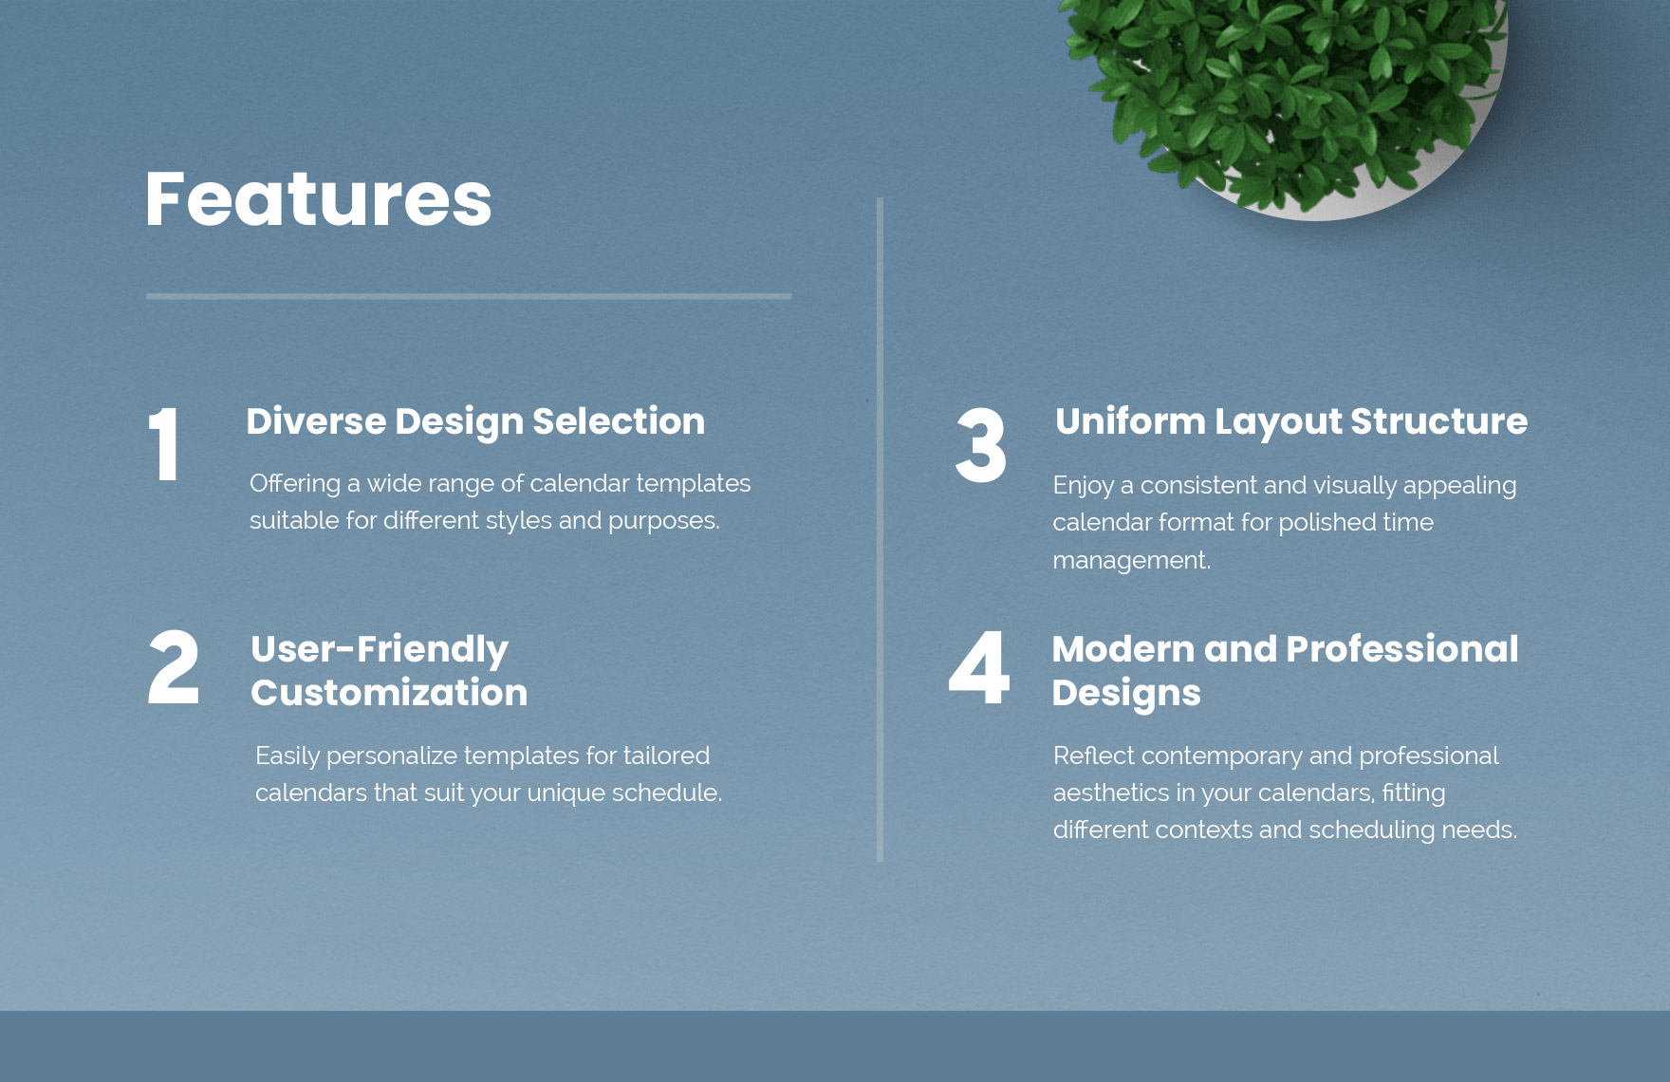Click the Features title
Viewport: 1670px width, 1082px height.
click(x=319, y=199)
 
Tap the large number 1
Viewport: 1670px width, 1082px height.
click(x=165, y=444)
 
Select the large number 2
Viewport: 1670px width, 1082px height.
click(x=174, y=668)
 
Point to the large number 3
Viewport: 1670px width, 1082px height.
click(x=980, y=445)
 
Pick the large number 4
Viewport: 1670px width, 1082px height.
click(x=979, y=668)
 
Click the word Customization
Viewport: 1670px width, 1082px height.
click(x=389, y=693)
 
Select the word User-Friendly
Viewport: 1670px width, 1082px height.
click(x=380, y=649)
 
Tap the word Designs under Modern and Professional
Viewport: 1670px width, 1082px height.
click(x=1126, y=694)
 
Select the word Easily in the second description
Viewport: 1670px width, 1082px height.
click(x=287, y=756)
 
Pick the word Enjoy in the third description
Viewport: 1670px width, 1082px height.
click(x=1083, y=486)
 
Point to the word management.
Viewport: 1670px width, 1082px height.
click(x=1132, y=561)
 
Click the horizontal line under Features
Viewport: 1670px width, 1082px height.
click(x=469, y=296)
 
